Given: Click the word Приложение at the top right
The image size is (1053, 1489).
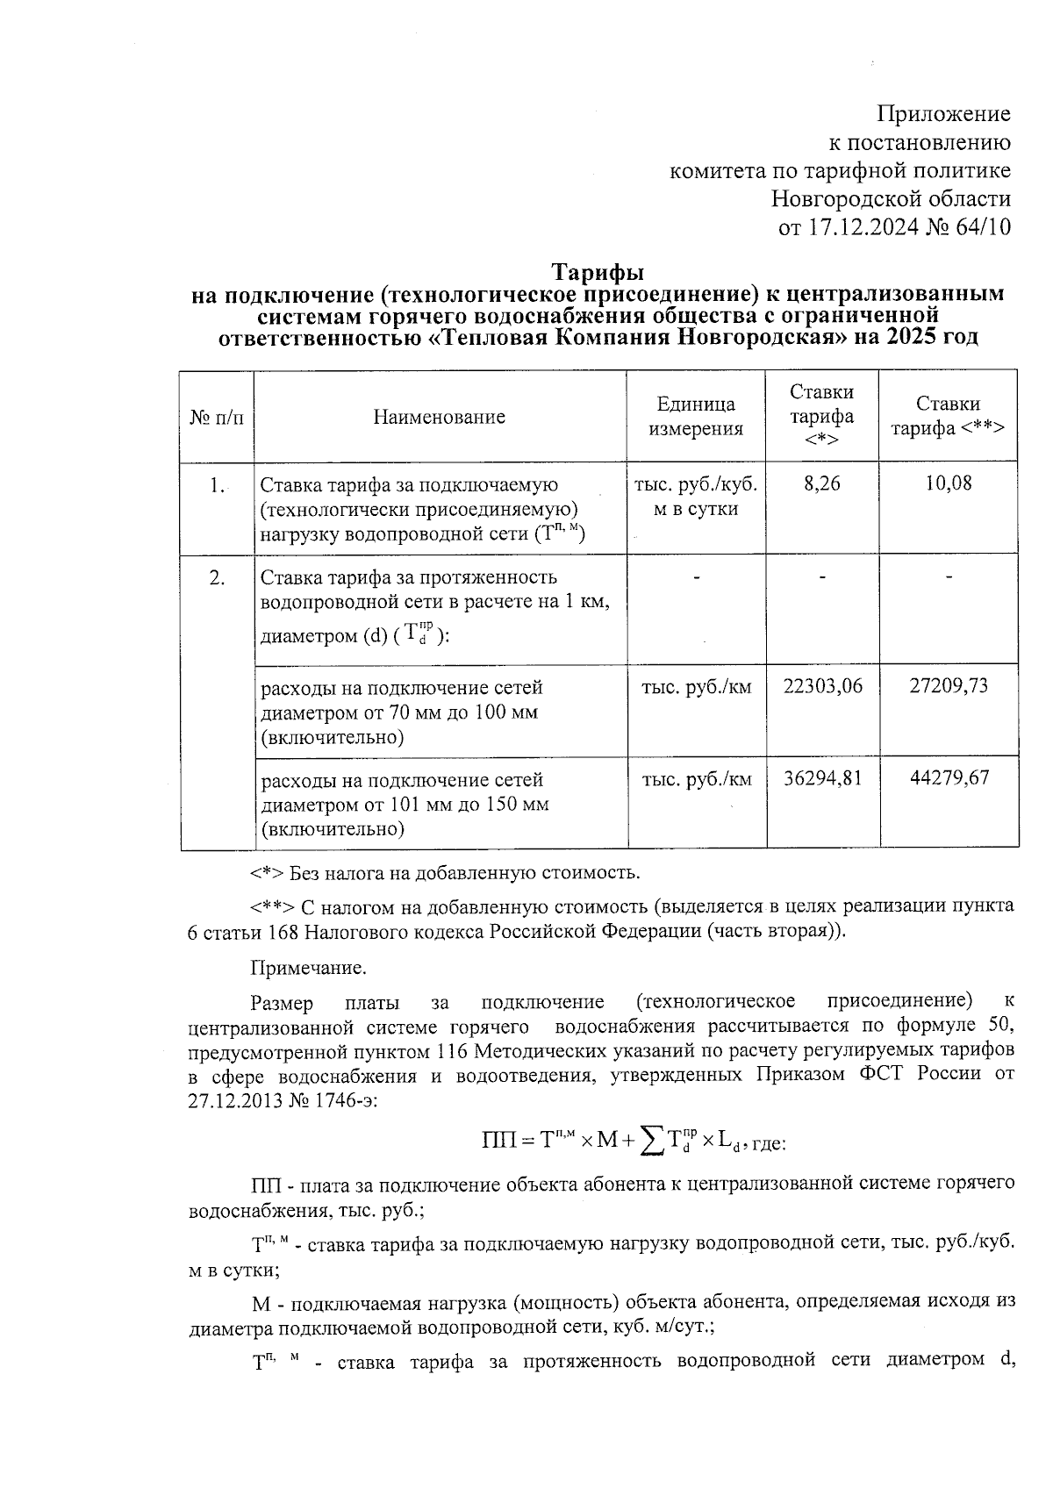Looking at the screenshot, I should pyautogui.click(x=943, y=114).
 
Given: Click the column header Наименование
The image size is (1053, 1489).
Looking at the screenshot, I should pyautogui.click(x=439, y=417).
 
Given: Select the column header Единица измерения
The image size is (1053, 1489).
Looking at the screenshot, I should pyautogui.click(x=695, y=417).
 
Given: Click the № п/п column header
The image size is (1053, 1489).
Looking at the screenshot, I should pyautogui.click(x=216, y=417).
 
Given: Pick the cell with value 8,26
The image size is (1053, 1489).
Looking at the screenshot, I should pyautogui.click(x=821, y=483).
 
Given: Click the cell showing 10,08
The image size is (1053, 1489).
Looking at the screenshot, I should pyautogui.click(x=948, y=483).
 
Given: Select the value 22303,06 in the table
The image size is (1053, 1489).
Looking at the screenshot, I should pyautogui.click(x=822, y=686).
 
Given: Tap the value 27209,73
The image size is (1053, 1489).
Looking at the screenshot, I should pyautogui.click(x=948, y=686).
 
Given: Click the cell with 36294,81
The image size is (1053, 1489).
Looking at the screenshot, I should pyautogui.click(x=822, y=779).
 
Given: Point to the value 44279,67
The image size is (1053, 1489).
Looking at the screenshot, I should pyautogui.click(x=948, y=779).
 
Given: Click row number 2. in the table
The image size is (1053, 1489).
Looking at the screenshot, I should pyautogui.click(x=217, y=577).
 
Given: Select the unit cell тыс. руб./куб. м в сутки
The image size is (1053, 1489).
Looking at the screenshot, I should pyautogui.click(x=695, y=497).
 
